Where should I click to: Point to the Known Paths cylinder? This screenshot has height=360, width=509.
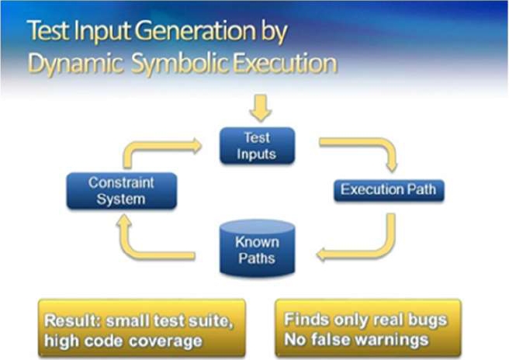click(257, 250)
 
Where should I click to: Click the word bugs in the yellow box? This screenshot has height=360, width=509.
click(429, 320)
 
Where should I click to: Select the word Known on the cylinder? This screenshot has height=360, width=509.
click(257, 241)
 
